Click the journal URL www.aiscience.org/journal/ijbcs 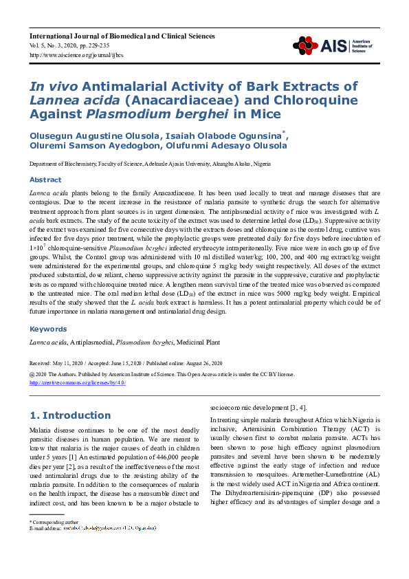(68, 55)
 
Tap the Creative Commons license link (77, 383)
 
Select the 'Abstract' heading (45, 179)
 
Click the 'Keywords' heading (47, 329)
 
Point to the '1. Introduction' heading (71, 415)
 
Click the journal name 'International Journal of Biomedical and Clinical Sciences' (122, 36)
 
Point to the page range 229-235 (105, 45)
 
